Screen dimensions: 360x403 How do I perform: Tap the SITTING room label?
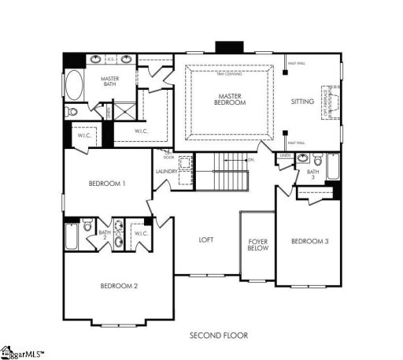point(302,102)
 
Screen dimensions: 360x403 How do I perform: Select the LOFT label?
point(206,239)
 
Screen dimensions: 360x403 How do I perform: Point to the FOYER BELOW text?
point(258,244)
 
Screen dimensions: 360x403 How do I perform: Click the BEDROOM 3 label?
point(309,241)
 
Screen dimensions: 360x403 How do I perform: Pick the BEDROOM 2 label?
point(119,285)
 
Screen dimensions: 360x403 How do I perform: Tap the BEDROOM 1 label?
point(107,184)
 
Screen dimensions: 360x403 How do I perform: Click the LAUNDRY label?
point(166,171)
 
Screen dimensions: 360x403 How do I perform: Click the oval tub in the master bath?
point(73,84)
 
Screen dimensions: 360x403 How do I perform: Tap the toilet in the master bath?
point(72,112)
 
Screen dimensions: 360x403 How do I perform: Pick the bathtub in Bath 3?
point(332,167)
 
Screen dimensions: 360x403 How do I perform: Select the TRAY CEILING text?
point(229,73)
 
